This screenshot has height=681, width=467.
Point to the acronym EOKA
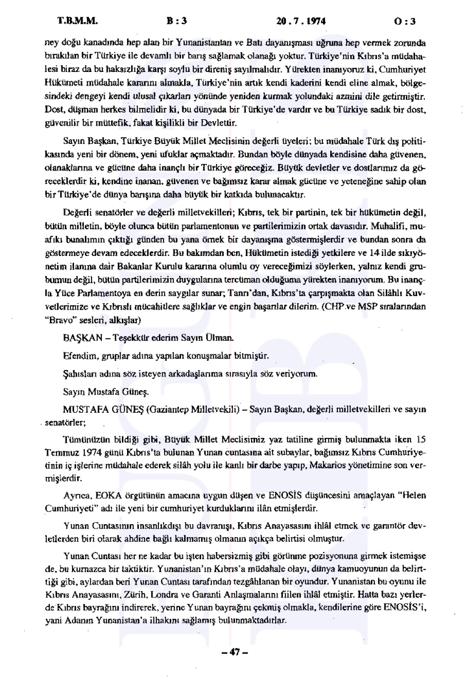tap(105, 494)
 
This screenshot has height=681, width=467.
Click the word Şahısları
tap(82, 375)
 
